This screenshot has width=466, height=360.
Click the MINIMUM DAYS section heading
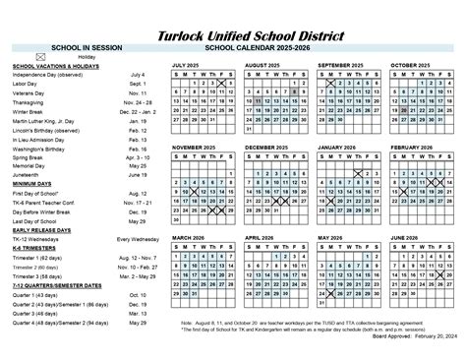click(x=33, y=185)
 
